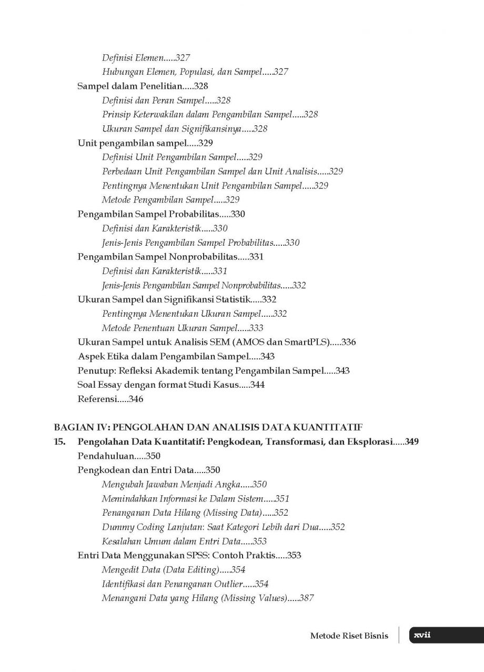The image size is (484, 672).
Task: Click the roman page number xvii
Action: pyautogui.click(x=422, y=635)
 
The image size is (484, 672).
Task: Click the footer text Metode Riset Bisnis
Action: pyautogui.click(x=349, y=636)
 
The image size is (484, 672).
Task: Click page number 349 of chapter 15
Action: pyautogui.click(x=412, y=442)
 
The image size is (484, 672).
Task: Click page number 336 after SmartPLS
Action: pyautogui.click(x=348, y=342)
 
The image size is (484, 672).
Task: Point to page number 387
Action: pyautogui.click(x=306, y=598)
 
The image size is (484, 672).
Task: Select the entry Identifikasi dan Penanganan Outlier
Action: pyautogui.click(x=172, y=584)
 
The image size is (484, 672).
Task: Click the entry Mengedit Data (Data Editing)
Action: pyautogui.click(x=160, y=569)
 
